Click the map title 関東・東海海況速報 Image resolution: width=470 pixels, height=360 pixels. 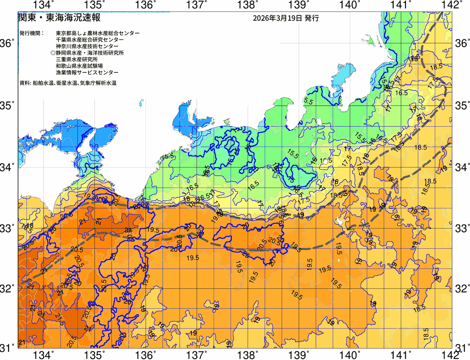click(59, 18)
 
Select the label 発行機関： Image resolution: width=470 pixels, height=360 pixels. click(32, 33)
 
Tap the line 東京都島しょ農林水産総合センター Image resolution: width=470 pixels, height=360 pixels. click(98, 33)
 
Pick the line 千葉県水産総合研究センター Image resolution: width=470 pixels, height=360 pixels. click(90, 40)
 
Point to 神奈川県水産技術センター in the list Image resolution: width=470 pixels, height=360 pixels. click(87, 46)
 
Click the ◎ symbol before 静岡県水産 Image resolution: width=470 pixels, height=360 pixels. click(53, 53)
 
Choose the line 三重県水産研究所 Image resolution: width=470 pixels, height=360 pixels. click(77, 60)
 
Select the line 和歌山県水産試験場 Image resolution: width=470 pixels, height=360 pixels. click(79, 66)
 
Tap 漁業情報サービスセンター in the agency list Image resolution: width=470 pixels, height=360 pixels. click(87, 73)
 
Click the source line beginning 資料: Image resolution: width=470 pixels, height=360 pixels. click(68, 83)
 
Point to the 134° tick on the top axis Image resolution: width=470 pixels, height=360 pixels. click(43, 5)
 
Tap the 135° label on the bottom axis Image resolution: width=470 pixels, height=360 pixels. click(94, 355)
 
